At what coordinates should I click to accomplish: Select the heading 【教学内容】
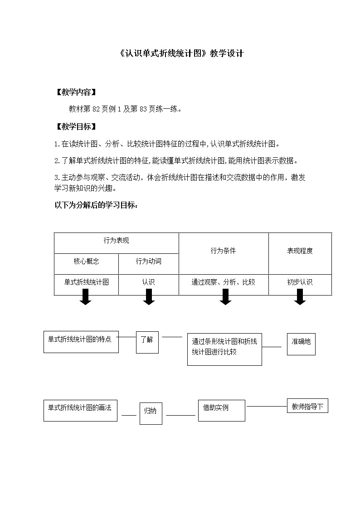click(x=75, y=92)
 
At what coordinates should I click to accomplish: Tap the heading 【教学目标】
click(x=75, y=126)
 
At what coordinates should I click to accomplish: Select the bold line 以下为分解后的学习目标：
click(x=96, y=205)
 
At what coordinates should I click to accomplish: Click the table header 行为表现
click(x=116, y=241)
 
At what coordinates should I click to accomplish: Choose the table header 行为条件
click(x=223, y=251)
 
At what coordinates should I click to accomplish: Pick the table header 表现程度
click(x=300, y=251)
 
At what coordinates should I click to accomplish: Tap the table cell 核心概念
click(x=86, y=261)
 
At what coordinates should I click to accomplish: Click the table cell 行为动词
click(x=148, y=261)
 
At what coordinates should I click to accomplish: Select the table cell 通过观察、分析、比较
click(x=223, y=282)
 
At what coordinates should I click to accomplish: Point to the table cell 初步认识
click(x=300, y=282)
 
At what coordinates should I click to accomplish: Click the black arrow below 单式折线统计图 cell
click(x=85, y=297)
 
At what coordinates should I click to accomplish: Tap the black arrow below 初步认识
click(x=300, y=297)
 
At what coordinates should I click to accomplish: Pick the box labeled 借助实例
click(x=221, y=410)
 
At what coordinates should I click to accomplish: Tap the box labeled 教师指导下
click(x=307, y=406)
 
